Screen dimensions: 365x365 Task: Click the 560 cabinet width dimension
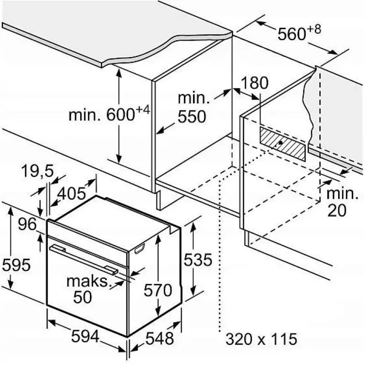coord(299,32)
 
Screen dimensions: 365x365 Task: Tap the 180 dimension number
coord(255,83)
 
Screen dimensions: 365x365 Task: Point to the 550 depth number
coord(192,116)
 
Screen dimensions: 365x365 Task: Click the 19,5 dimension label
coord(38,171)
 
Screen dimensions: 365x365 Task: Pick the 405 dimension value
coord(72,193)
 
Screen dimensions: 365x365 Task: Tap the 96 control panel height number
coord(27,224)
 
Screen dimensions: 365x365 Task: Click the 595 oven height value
coord(16,265)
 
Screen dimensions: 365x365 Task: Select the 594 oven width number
coord(85,336)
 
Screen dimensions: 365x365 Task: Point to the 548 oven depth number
coord(160,338)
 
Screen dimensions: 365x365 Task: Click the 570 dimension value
coord(157,290)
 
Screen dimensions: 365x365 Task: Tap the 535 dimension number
coord(198,260)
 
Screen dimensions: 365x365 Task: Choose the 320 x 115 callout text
coord(261,339)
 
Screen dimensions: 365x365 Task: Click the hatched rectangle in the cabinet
coord(282,144)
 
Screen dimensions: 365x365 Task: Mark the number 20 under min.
coord(337,210)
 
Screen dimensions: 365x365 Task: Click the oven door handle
coord(84,258)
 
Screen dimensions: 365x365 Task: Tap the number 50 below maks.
coord(83,297)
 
